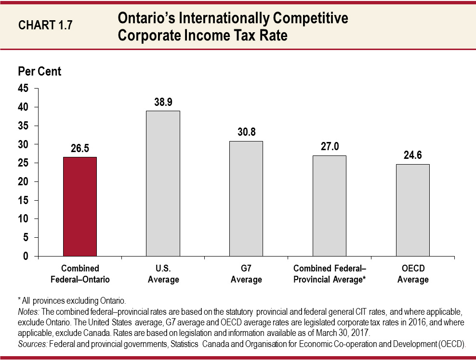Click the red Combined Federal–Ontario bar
pyautogui.click(x=80, y=206)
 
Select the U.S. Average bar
pyautogui.click(x=163, y=183)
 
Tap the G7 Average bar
pyautogui.click(x=246, y=198)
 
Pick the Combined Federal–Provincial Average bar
pyautogui.click(x=330, y=206)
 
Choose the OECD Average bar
pyautogui.click(x=413, y=210)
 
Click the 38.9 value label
pyautogui.click(x=163, y=103)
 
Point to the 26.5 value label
pyautogui.click(x=80, y=149)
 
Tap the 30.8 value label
pyautogui.click(x=246, y=132)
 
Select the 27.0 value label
pyautogui.click(x=330, y=147)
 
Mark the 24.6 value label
pyautogui.click(x=413, y=155)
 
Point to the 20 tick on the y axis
pyautogui.click(x=24, y=181)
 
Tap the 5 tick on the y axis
pyautogui.click(x=26, y=237)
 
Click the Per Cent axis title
pyautogui.click(x=40, y=71)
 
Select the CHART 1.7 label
pyautogui.click(x=45, y=25)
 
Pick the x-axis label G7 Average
pyautogui.click(x=246, y=274)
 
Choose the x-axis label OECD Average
pyautogui.click(x=413, y=274)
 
